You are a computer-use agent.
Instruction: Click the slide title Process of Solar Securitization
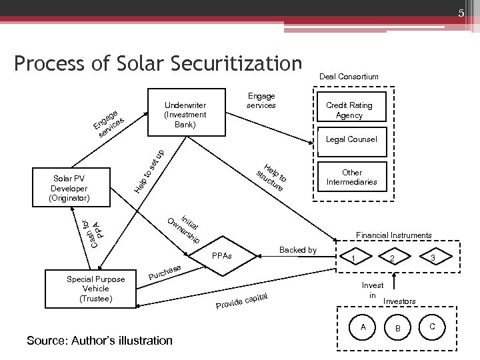point(157,63)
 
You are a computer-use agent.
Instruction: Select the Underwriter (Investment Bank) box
point(185,115)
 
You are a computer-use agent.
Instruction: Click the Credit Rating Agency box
point(349,111)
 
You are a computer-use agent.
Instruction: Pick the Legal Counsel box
point(352,139)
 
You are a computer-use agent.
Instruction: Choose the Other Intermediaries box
point(351,177)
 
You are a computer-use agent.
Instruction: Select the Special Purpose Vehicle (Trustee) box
point(96,289)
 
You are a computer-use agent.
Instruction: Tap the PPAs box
point(221,255)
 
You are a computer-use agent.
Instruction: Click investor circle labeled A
point(362,327)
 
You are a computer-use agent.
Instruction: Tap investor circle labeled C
point(433,326)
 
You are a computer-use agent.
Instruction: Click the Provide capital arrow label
point(241,301)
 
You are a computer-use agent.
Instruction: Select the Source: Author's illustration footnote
point(99,341)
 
